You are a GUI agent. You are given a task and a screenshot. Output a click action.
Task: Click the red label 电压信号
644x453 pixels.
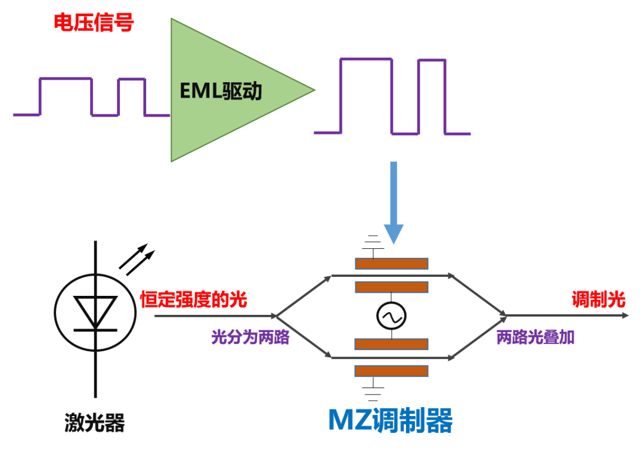94,22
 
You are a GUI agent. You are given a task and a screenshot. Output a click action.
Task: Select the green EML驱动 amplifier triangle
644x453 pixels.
230,90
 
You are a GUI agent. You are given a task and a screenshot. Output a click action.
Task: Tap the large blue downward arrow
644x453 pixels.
394,202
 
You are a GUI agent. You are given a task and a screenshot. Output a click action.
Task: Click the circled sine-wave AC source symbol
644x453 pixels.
391,315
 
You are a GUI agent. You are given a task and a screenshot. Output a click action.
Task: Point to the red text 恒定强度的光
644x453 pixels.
193,299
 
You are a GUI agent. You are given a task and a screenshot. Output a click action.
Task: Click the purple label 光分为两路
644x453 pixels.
250,337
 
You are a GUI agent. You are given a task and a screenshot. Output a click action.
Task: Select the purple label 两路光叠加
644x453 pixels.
535,337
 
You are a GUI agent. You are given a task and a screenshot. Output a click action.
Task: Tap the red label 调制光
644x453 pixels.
599,299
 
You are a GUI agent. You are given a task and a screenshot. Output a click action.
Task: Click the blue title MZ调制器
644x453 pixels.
390,421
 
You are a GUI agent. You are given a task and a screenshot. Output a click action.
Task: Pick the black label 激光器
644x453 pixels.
94,422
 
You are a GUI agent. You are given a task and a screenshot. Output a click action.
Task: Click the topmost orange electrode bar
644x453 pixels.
391,263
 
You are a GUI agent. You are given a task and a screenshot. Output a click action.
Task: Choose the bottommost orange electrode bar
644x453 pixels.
391,371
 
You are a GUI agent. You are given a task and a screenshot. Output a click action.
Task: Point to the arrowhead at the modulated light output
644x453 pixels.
625,315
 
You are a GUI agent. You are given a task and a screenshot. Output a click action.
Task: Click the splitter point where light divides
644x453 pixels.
277,315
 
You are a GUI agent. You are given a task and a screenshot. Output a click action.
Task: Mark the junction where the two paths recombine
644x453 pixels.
506,315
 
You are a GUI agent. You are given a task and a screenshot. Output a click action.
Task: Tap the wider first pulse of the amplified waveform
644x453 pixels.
366,96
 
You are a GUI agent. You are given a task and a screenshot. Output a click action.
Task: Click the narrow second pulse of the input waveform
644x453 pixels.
131,97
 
